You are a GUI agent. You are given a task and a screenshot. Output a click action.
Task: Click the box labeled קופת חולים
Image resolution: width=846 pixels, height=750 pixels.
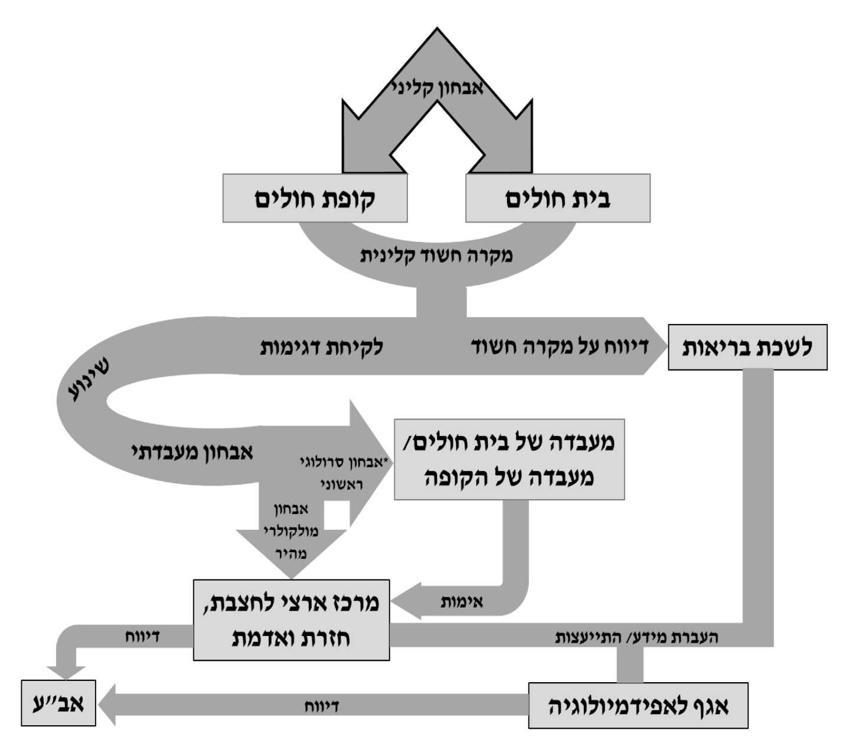coord(315,198)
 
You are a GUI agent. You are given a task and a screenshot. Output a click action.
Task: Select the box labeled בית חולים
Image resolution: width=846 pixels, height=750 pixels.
coord(557,198)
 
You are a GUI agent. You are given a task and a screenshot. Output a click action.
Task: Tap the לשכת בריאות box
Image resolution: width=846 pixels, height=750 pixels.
coord(747,347)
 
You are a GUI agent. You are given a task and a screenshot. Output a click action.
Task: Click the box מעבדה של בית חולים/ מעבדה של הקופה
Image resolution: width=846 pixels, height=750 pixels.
coord(509,459)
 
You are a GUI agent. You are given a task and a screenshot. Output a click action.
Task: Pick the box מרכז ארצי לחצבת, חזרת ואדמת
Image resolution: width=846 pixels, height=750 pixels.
coord(292,620)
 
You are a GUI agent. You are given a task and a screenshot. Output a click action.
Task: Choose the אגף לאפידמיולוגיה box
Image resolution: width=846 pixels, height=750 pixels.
coord(638,706)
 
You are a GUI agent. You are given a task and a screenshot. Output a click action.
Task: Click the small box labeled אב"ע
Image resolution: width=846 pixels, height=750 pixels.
coord(58,702)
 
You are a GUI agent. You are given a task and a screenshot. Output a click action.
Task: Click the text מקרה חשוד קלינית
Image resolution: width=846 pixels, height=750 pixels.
coord(436,256)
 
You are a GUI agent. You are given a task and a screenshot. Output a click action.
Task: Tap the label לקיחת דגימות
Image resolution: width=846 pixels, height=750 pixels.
coord(322,347)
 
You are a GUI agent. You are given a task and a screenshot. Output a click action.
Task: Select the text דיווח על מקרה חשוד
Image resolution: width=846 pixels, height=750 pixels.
coord(559,346)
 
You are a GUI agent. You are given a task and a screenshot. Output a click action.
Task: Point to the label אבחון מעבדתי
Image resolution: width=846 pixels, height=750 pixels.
coord(192,453)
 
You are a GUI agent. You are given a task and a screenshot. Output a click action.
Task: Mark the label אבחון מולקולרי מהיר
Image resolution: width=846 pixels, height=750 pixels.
coord(290,531)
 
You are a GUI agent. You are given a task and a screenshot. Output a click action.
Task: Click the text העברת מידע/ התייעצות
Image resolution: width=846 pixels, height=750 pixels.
coord(638,637)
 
